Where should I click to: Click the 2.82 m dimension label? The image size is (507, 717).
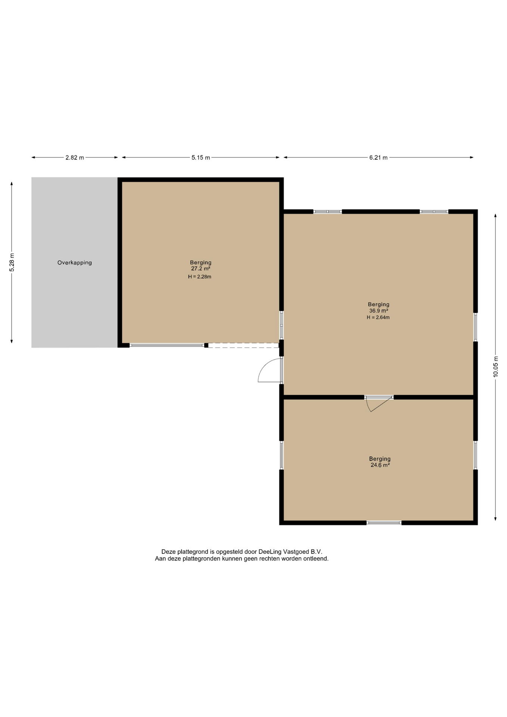coord(75,158)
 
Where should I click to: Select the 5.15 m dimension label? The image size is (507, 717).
coord(201,158)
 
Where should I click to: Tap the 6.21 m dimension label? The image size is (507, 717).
coord(379,158)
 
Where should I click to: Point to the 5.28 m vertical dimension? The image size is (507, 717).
coord(12,263)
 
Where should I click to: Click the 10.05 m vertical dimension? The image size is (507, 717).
coord(496,367)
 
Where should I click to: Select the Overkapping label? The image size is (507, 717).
coord(75,263)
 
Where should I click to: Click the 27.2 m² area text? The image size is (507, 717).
coord(201,269)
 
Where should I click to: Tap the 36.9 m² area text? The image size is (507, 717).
coord(379,311)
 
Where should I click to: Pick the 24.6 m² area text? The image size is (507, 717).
coord(380,465)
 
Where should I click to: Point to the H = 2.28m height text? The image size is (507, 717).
coord(200,277)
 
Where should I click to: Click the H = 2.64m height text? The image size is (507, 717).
coord(378,317)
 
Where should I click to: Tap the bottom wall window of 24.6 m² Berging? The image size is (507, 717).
coord(384,523)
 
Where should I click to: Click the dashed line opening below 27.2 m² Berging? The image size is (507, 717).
coord(243,345)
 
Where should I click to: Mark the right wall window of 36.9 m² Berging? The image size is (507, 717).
coord(476,327)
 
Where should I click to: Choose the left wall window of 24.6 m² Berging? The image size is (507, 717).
coord(282,455)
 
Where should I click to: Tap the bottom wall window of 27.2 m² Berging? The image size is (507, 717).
coord(167,345)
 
